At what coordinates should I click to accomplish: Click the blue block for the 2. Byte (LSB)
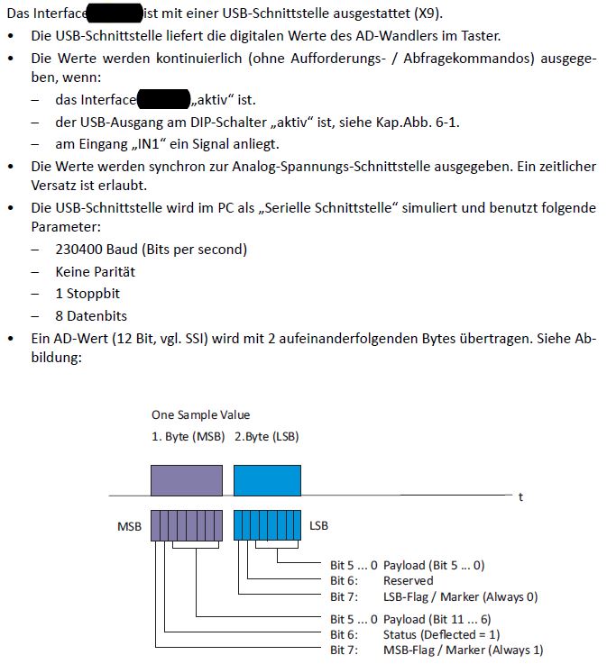(266, 479)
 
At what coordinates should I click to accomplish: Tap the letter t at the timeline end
(520, 497)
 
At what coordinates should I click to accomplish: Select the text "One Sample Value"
(200, 415)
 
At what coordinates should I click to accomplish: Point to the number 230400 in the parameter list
(80, 249)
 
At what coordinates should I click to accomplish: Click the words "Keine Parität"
(96, 271)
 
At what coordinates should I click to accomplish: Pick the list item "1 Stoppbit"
(87, 294)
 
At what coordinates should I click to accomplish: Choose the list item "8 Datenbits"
(91, 316)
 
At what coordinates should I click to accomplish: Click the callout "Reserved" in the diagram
(408, 581)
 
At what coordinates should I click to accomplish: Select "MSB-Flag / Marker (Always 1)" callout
(463, 650)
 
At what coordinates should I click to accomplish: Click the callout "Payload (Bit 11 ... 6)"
(437, 618)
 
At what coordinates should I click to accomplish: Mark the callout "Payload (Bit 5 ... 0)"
(434, 566)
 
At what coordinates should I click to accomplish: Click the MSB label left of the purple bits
(129, 524)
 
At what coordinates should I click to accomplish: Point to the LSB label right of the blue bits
(319, 524)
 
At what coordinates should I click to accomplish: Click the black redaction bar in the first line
(115, 14)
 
